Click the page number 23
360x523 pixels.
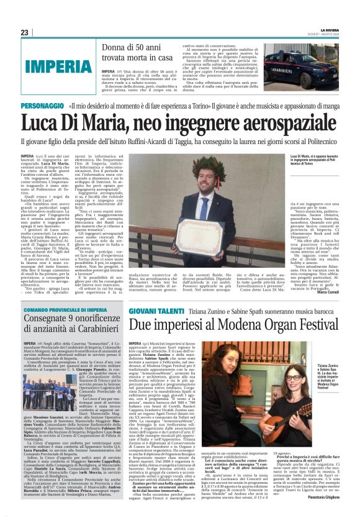(24, 32)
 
